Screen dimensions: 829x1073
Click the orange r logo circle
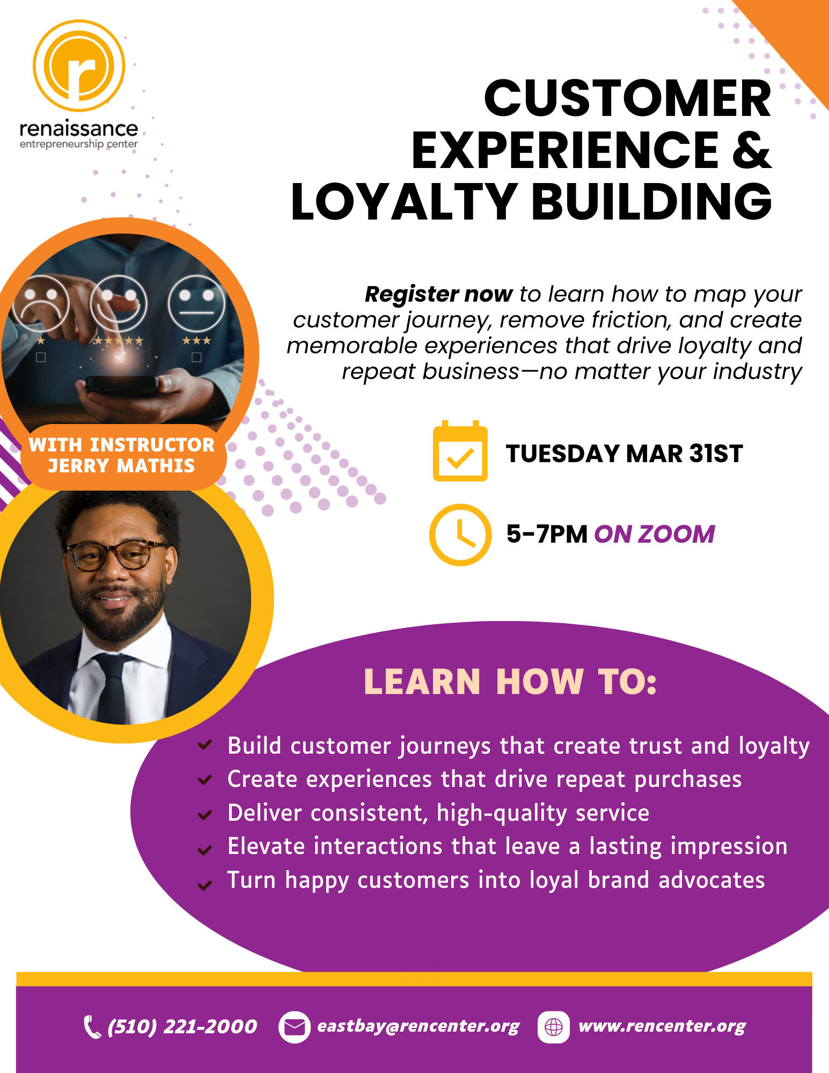[x=79, y=65]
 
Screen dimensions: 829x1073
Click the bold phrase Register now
[x=438, y=294]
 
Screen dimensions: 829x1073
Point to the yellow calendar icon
[x=460, y=451]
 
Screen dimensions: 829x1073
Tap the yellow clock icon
[x=460, y=535]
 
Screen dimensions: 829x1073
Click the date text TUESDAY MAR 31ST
[x=624, y=454]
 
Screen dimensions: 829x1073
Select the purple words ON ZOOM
[x=655, y=534]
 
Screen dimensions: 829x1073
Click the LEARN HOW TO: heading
[x=510, y=682]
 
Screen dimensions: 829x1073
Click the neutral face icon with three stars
[x=196, y=303]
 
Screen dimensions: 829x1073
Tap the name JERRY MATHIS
[x=121, y=465]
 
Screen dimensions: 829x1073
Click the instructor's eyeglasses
[x=115, y=555]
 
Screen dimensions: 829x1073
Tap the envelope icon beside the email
[x=294, y=1027]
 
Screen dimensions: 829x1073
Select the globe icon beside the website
[x=553, y=1027]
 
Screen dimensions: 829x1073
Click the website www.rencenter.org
[x=662, y=1026]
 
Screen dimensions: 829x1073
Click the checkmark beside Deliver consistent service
[x=204, y=815]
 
